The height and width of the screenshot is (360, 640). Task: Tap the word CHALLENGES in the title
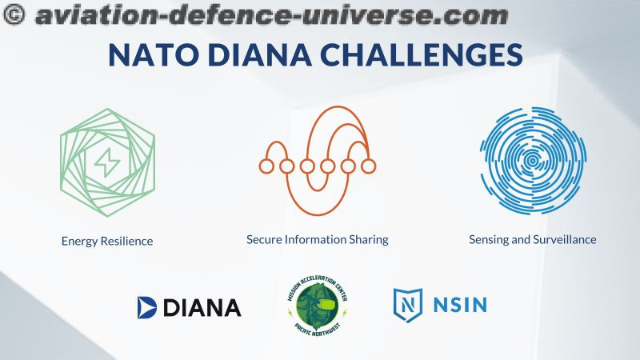421,54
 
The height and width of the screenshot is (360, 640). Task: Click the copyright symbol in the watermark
14,14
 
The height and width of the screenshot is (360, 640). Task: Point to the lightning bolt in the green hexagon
107,162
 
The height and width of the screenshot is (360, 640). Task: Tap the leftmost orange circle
266,166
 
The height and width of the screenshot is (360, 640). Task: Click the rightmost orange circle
369,166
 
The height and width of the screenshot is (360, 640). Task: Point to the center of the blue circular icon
533,161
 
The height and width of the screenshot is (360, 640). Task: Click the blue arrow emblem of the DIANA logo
146,307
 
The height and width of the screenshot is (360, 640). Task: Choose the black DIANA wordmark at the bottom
202,308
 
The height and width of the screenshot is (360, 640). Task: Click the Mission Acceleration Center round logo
318,306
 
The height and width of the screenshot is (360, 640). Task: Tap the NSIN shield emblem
408,305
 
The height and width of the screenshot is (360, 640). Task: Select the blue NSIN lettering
460,305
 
